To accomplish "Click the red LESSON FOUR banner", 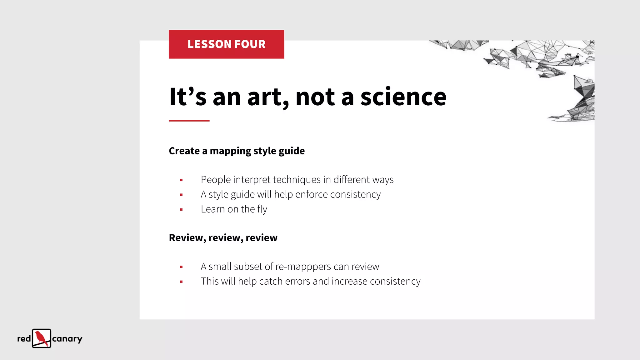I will (226, 44).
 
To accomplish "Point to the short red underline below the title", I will (189, 121).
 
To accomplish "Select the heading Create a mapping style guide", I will (237, 151).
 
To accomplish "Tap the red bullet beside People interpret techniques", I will (181, 180).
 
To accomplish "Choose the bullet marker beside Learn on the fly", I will (181, 209).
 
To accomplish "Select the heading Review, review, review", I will (223, 238).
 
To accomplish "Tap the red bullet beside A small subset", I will (181, 267).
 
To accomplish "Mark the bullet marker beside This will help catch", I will (181, 282).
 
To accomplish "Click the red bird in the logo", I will (41, 338).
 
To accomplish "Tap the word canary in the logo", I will (67, 339).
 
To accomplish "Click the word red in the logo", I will (24, 339).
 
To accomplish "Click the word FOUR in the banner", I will (250, 44).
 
